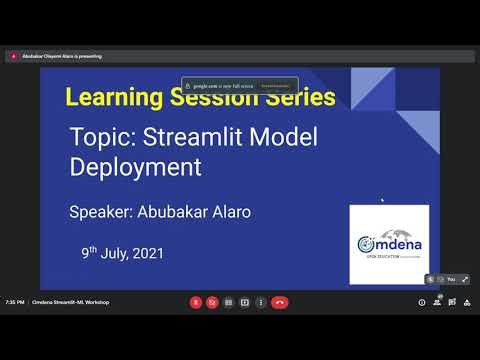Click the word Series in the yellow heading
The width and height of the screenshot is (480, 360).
[300, 97]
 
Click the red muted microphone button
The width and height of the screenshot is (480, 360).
[196, 302]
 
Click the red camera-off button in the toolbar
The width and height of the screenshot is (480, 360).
[212, 302]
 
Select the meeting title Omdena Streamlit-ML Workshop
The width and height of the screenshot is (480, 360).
[70, 302]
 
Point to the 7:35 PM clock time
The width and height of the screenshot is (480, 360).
[14, 302]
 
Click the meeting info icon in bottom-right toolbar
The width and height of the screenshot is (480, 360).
[422, 302]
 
